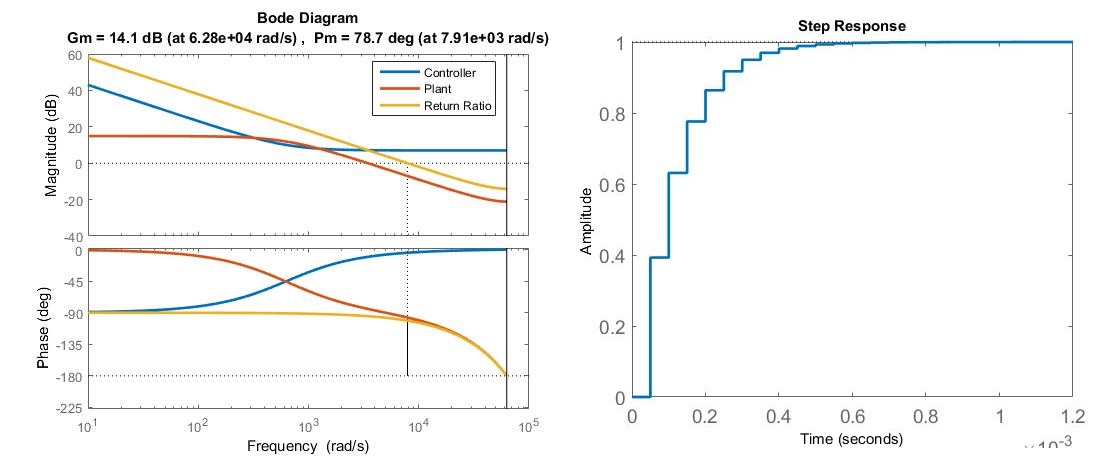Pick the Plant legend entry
click(438, 90)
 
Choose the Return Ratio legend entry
click(458, 106)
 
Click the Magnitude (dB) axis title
click(51, 145)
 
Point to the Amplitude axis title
click(587, 221)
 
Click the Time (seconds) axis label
click(851, 439)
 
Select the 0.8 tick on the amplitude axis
click(609, 114)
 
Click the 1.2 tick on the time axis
click(1072, 416)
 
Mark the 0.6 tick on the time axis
click(852, 416)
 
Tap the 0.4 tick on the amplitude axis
click(609, 256)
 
